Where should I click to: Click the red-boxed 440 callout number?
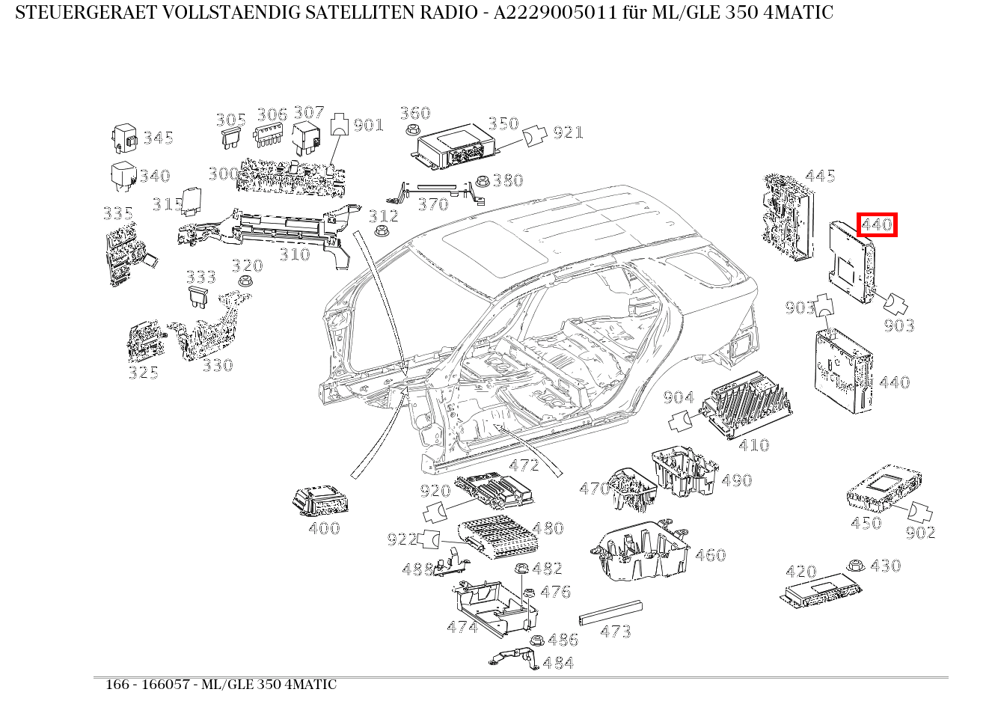[x=877, y=224]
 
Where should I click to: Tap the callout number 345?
[x=159, y=138]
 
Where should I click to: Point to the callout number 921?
[x=568, y=133]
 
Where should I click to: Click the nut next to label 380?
[x=483, y=181]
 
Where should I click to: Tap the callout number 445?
[x=820, y=177]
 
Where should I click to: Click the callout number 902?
[x=920, y=533]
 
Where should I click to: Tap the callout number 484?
[x=558, y=663]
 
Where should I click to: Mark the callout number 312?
[x=384, y=216]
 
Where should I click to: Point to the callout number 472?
[x=524, y=465]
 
